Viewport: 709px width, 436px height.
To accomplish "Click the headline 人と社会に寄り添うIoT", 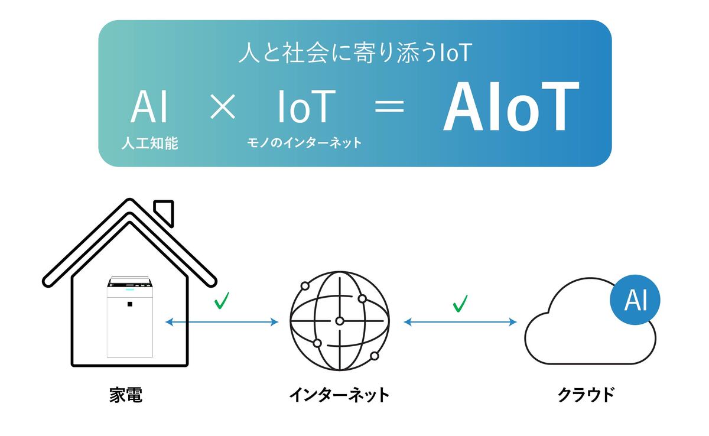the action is (x=355, y=53).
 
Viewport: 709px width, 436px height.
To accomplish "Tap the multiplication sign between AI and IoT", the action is (x=223, y=106).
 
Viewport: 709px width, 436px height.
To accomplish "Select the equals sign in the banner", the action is (x=389, y=106).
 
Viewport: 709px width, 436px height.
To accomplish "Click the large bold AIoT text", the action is (x=511, y=106).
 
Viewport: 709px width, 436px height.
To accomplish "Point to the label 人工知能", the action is (x=149, y=143).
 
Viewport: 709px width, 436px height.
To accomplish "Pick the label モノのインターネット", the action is (x=304, y=143).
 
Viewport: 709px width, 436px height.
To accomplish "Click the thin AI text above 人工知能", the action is (x=149, y=106).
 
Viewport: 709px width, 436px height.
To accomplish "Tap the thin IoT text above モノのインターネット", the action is (x=307, y=106).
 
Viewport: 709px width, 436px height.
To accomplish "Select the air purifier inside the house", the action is (x=130, y=317).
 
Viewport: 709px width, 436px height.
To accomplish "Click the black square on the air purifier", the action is (x=130, y=304).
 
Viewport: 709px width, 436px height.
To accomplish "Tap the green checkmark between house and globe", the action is (x=222, y=301).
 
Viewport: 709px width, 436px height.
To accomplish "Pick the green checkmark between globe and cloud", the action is (x=460, y=304).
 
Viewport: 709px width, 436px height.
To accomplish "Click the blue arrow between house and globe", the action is (x=222, y=322).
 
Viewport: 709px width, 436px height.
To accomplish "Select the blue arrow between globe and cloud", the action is (x=460, y=322).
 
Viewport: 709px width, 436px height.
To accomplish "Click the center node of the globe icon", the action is (x=340, y=321).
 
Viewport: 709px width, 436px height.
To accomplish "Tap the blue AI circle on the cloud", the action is (x=635, y=300).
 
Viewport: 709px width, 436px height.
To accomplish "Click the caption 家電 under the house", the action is (x=126, y=395).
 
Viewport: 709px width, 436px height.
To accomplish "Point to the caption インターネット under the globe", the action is (x=339, y=395).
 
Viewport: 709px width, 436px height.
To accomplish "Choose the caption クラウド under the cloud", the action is (x=586, y=395).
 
